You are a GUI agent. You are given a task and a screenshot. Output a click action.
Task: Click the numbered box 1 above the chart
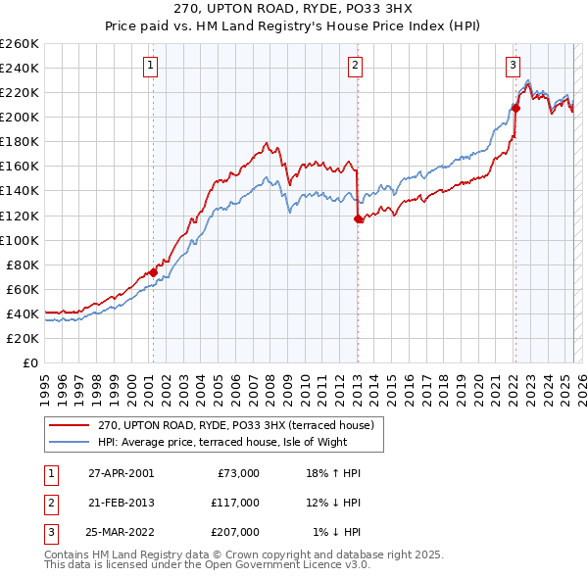[x=151, y=66]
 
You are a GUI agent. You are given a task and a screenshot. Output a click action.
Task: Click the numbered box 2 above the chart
[x=355, y=66]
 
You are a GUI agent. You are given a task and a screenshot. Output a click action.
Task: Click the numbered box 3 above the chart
[x=513, y=66]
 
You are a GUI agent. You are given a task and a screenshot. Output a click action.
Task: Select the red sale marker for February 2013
[x=358, y=219]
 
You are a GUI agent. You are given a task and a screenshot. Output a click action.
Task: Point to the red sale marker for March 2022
[x=515, y=108]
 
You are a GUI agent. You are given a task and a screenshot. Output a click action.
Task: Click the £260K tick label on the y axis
[x=20, y=44]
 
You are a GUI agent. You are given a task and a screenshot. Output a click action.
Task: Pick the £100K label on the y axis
[x=20, y=240]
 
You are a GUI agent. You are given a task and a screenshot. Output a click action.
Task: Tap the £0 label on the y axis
[x=29, y=362]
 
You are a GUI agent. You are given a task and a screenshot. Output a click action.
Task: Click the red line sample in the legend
[x=69, y=425]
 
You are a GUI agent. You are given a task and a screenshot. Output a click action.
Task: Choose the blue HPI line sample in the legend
[x=69, y=442]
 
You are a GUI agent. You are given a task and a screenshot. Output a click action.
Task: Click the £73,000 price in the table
[x=237, y=473]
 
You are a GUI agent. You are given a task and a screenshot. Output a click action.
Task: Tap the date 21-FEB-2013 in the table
[x=122, y=503]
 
